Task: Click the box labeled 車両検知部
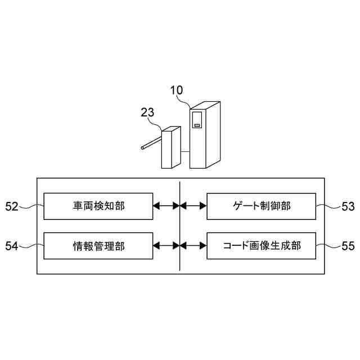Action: pos(98,206)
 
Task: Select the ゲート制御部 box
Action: pos(262,206)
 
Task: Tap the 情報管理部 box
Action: pos(98,246)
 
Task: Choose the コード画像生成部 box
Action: pos(262,246)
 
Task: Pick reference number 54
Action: pos(12,246)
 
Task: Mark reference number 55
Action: pos(348,246)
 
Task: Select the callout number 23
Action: pos(147,112)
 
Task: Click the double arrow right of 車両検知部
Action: pos(166,206)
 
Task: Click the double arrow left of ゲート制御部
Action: pos(193,206)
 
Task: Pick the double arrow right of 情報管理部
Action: pos(166,246)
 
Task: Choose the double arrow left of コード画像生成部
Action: pos(193,246)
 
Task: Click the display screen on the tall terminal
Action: pos(197,120)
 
